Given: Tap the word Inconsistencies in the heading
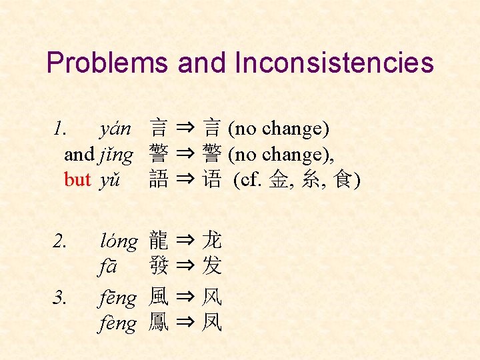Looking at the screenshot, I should click(x=334, y=63).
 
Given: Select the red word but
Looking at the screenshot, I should click(x=77, y=180).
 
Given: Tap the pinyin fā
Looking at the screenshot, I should click(x=109, y=267).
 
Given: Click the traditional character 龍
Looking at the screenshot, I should click(x=159, y=240).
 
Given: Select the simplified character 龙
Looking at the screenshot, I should click(x=212, y=240).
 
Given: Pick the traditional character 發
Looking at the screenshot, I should click(x=159, y=267).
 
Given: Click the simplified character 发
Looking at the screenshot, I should click(x=212, y=267).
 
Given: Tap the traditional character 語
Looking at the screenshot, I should click(x=159, y=180).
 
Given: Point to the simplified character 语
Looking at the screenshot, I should click(x=212, y=180).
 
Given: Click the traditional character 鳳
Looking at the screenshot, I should click(x=159, y=323).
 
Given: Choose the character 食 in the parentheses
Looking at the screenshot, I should click(x=343, y=180).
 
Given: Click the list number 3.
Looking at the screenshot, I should click(x=59, y=297).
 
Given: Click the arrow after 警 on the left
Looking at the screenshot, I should click(x=185, y=155).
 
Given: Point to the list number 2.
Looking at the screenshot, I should click(x=59, y=241).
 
